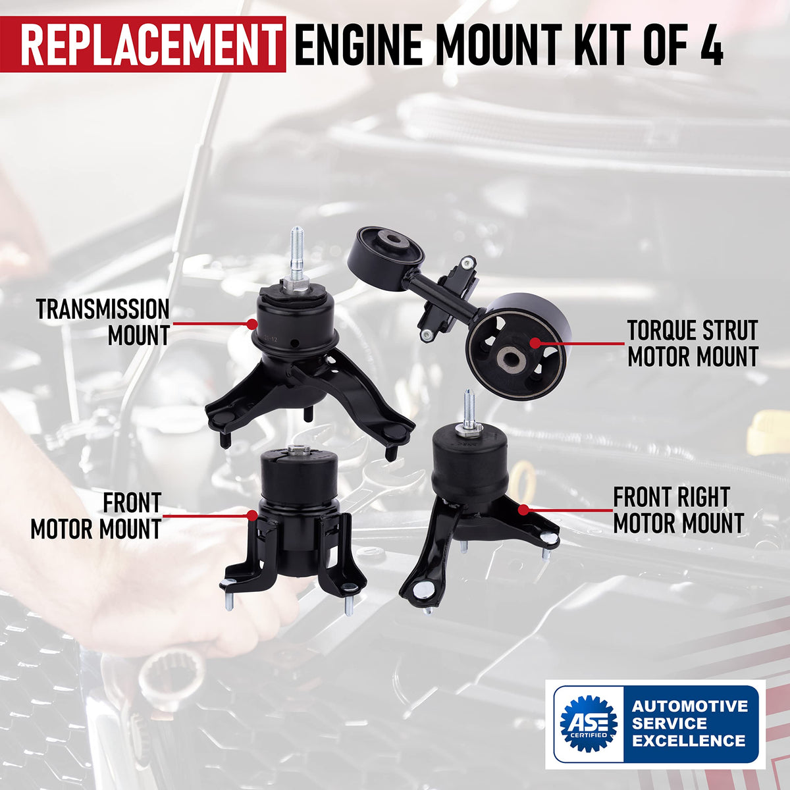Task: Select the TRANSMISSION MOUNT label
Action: tap(103, 322)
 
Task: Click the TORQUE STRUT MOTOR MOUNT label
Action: tap(693, 344)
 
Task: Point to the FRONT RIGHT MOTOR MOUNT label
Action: tap(679, 510)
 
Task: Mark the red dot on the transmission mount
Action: tap(251, 324)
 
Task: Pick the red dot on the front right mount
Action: tap(523, 510)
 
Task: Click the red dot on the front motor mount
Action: tap(253, 515)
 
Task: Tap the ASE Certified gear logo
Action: tap(589, 722)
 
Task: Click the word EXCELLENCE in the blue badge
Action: tap(689, 741)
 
